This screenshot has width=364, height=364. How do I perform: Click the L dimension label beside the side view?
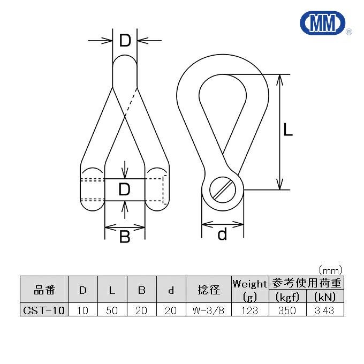288,130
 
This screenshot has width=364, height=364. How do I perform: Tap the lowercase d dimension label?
223,234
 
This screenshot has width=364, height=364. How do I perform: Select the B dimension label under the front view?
124,236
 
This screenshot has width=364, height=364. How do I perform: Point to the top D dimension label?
125,40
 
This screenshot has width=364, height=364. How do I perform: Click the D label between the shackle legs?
124,189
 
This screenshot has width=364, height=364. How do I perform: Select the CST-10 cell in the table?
44,310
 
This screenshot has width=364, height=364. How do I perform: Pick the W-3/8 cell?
208,310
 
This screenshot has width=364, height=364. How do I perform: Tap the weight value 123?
249,310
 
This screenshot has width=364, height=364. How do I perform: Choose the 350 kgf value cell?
287,310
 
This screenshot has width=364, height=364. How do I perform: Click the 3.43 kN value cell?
324,310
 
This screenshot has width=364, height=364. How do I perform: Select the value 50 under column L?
112,310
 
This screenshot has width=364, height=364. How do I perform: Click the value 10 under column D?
83,310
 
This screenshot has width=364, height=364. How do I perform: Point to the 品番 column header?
44,290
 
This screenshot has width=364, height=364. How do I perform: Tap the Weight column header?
249,284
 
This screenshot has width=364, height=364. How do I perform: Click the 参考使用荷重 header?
306,283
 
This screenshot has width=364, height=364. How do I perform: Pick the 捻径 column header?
208,290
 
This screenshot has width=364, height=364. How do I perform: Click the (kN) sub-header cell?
324,297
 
